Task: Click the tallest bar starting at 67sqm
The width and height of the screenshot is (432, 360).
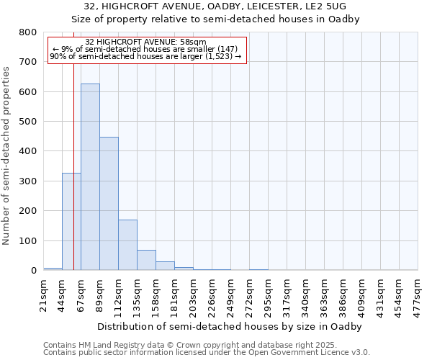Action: click(x=90, y=177)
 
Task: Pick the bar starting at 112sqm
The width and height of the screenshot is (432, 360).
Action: click(x=127, y=245)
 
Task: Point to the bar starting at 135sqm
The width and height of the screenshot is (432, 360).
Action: click(x=146, y=260)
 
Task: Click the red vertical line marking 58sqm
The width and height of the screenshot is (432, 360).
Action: click(x=73, y=158)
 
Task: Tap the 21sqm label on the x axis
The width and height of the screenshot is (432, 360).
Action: click(x=44, y=294)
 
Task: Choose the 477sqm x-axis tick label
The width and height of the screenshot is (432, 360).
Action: click(x=418, y=294)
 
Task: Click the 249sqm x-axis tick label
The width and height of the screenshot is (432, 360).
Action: click(x=231, y=294)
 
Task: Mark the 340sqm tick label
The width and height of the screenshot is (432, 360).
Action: click(x=306, y=294)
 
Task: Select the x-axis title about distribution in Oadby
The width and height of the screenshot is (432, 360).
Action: click(x=230, y=326)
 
